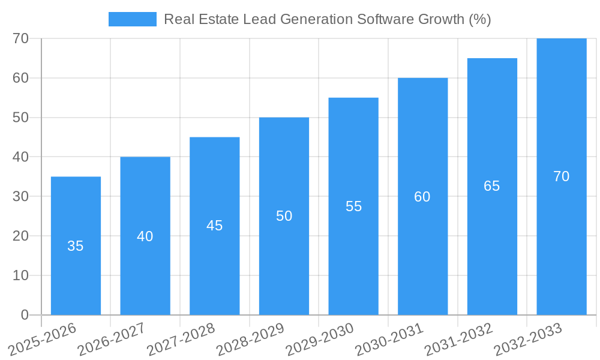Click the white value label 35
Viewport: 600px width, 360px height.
pos(76,246)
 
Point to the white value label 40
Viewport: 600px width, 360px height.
pos(145,236)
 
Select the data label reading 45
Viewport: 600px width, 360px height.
pos(214,226)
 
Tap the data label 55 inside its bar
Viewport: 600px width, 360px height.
pos(353,206)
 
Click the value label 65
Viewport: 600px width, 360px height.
pos(492,186)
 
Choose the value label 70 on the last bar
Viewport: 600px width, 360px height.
pos(562,176)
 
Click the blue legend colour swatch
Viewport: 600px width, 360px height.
pos(132,19)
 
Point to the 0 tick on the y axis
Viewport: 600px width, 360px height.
pos(25,315)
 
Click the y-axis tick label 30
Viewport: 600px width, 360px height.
pos(21,196)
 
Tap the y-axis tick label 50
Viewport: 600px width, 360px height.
pos(21,118)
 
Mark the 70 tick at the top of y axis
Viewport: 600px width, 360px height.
pos(21,38)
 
